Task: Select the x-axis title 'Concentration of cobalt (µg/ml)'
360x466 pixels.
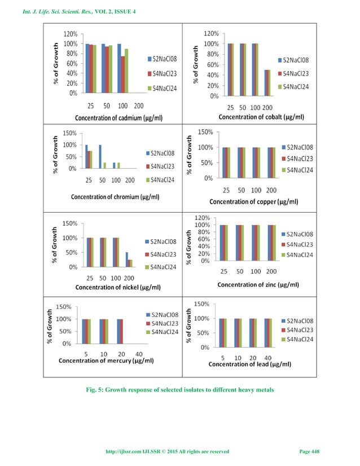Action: click(261, 117)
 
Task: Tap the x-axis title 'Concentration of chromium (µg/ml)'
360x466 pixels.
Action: click(115, 197)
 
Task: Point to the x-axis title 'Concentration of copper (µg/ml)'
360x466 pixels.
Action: click(254, 201)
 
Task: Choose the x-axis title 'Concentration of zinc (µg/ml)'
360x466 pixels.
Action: click(258, 284)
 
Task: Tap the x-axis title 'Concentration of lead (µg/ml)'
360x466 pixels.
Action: click(250, 364)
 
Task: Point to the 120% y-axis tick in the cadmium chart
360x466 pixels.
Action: click(70, 34)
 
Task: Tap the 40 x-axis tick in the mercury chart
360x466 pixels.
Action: click(139, 354)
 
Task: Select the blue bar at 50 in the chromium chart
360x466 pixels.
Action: click(100, 157)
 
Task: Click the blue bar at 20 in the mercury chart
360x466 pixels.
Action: click(118, 331)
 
